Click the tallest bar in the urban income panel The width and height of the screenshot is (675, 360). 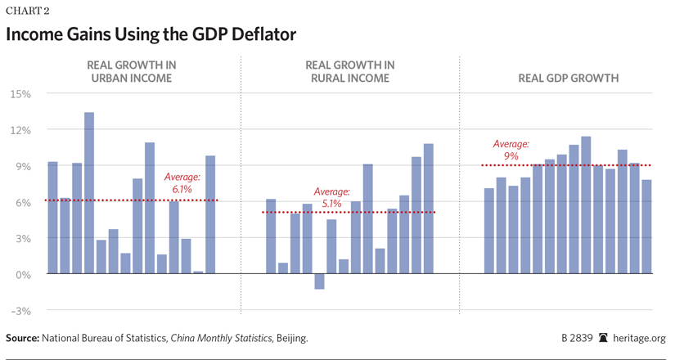89,193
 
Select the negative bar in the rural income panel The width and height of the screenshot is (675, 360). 319,281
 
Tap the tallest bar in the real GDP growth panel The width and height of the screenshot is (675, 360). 586,205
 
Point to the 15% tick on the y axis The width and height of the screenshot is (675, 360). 20,94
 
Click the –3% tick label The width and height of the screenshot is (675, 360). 19,311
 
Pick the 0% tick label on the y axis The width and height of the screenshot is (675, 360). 22,274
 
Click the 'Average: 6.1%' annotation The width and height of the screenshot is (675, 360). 182,182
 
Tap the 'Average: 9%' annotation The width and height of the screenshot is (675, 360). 511,149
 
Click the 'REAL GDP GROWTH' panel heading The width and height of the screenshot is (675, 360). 568,79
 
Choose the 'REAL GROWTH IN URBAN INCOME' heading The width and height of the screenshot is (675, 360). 132,71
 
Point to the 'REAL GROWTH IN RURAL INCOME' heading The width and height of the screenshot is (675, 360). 349,71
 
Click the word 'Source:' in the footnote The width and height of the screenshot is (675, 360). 25,338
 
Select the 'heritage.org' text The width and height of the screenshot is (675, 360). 641,338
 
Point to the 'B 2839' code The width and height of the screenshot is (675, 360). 576,338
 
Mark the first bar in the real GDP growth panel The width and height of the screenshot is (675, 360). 488,232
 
